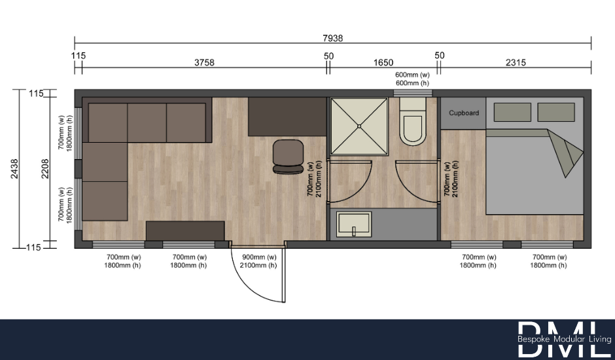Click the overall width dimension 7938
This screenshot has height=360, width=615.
[332, 38]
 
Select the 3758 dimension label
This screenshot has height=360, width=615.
[204, 63]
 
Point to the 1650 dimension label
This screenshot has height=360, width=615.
[383, 63]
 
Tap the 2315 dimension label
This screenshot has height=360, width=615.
[516, 63]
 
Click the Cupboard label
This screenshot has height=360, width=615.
[463, 113]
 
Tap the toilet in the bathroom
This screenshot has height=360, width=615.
[413, 126]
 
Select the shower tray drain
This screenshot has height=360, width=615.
[359, 126]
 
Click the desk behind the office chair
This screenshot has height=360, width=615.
[287, 117]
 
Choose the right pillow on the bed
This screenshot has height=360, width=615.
[555, 112]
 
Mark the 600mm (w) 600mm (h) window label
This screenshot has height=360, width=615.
[412, 79]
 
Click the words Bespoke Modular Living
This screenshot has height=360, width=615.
[564, 340]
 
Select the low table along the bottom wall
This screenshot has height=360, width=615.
[185, 231]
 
